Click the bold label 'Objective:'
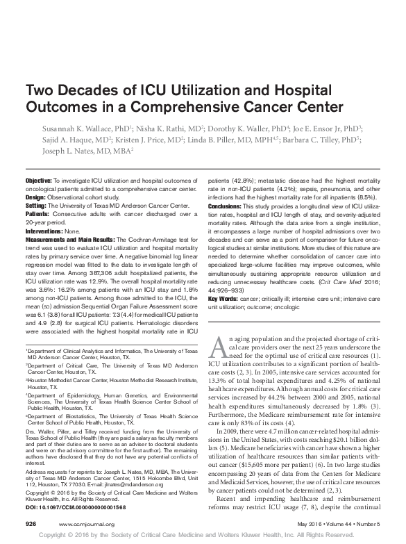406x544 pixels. (40, 179)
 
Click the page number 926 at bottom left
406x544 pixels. (31, 522)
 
